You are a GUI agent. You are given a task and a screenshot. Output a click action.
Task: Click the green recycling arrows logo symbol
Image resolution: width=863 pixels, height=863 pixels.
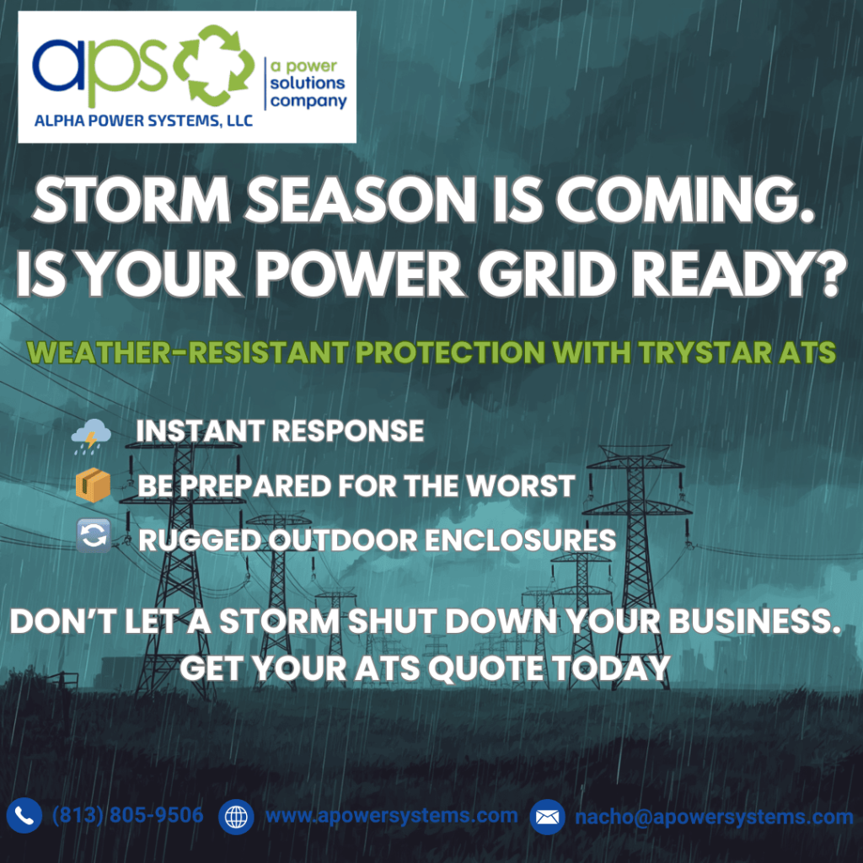[x=214, y=65]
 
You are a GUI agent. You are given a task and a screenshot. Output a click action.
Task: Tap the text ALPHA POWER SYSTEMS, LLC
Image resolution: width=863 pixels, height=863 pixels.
[x=143, y=121]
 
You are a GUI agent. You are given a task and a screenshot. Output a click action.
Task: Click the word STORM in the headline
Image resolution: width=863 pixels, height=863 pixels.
[x=131, y=201]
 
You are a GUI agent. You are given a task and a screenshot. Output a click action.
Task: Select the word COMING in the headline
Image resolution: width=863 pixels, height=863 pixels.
[x=685, y=201]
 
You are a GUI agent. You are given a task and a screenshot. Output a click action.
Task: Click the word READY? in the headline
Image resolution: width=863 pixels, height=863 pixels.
[x=738, y=274]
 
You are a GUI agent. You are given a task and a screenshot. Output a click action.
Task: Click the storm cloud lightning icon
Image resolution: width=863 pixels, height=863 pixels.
[x=91, y=436]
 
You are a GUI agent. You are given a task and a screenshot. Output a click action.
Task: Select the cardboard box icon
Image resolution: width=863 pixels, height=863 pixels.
[x=93, y=485]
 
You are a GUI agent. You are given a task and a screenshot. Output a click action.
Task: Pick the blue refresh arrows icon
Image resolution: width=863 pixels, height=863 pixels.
[x=93, y=535]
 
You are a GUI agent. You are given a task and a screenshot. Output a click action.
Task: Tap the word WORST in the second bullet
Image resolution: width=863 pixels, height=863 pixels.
[x=520, y=485]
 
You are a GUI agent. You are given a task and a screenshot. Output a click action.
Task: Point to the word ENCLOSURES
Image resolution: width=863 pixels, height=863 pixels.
[x=520, y=540]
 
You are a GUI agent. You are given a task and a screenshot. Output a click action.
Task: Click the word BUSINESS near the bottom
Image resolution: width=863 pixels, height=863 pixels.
[x=754, y=621]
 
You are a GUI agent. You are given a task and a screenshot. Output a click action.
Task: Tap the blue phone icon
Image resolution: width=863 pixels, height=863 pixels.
[x=24, y=815]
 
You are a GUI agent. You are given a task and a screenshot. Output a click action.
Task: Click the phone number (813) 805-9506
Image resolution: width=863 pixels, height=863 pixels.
[x=128, y=815]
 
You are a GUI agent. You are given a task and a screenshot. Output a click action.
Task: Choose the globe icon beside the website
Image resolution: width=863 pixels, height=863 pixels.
[x=236, y=817]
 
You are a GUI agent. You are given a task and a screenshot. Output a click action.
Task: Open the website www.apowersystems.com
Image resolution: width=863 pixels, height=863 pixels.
[x=392, y=816]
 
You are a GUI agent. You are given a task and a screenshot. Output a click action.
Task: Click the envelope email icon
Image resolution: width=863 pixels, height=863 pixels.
[x=547, y=817]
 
